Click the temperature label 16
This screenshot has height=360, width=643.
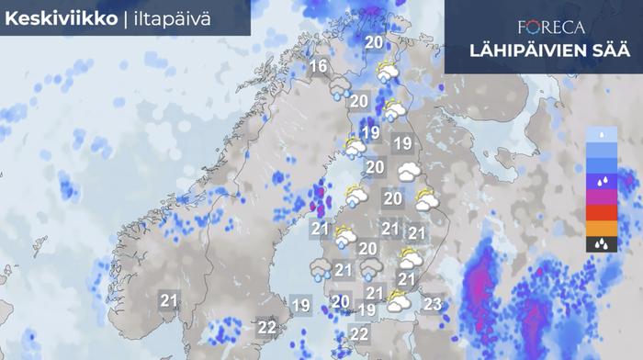[319, 66]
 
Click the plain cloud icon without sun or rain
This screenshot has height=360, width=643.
[408, 171]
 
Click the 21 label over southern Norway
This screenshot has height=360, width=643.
[168, 299]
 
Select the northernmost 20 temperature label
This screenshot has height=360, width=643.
[374, 42]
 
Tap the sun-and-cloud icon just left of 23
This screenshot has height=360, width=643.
[398, 300]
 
